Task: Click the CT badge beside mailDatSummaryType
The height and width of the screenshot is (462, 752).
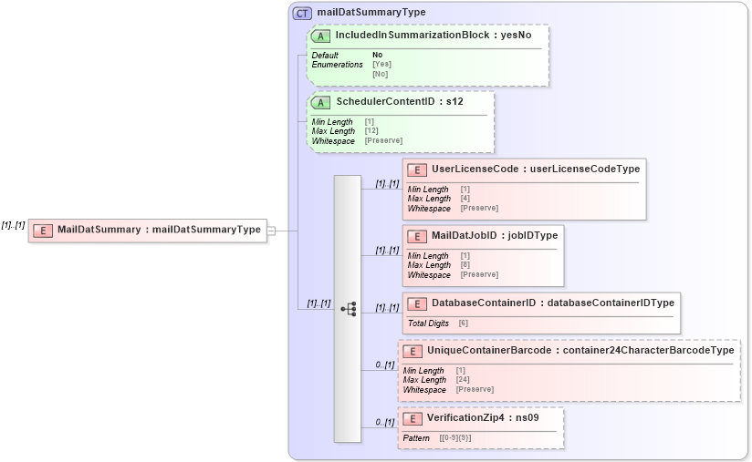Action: pos(302,13)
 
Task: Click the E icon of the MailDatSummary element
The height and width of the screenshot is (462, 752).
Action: pos(42,230)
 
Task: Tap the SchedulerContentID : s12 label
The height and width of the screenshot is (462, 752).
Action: pos(399,101)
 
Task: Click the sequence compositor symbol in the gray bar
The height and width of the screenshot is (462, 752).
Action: pos(348,309)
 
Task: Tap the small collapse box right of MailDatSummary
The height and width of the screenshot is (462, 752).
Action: pos(271,231)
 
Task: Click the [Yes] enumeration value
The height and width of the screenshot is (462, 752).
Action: pos(381,65)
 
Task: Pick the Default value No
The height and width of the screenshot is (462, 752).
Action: pos(377,56)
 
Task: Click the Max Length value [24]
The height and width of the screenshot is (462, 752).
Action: pos(464,380)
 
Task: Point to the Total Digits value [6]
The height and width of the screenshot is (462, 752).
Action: pos(464,323)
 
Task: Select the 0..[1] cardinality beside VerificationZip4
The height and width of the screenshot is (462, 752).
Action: pos(385,423)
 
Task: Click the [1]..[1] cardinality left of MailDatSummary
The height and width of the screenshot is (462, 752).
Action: pos(13,225)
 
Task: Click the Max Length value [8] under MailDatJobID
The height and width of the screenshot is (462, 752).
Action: pos(465,265)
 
